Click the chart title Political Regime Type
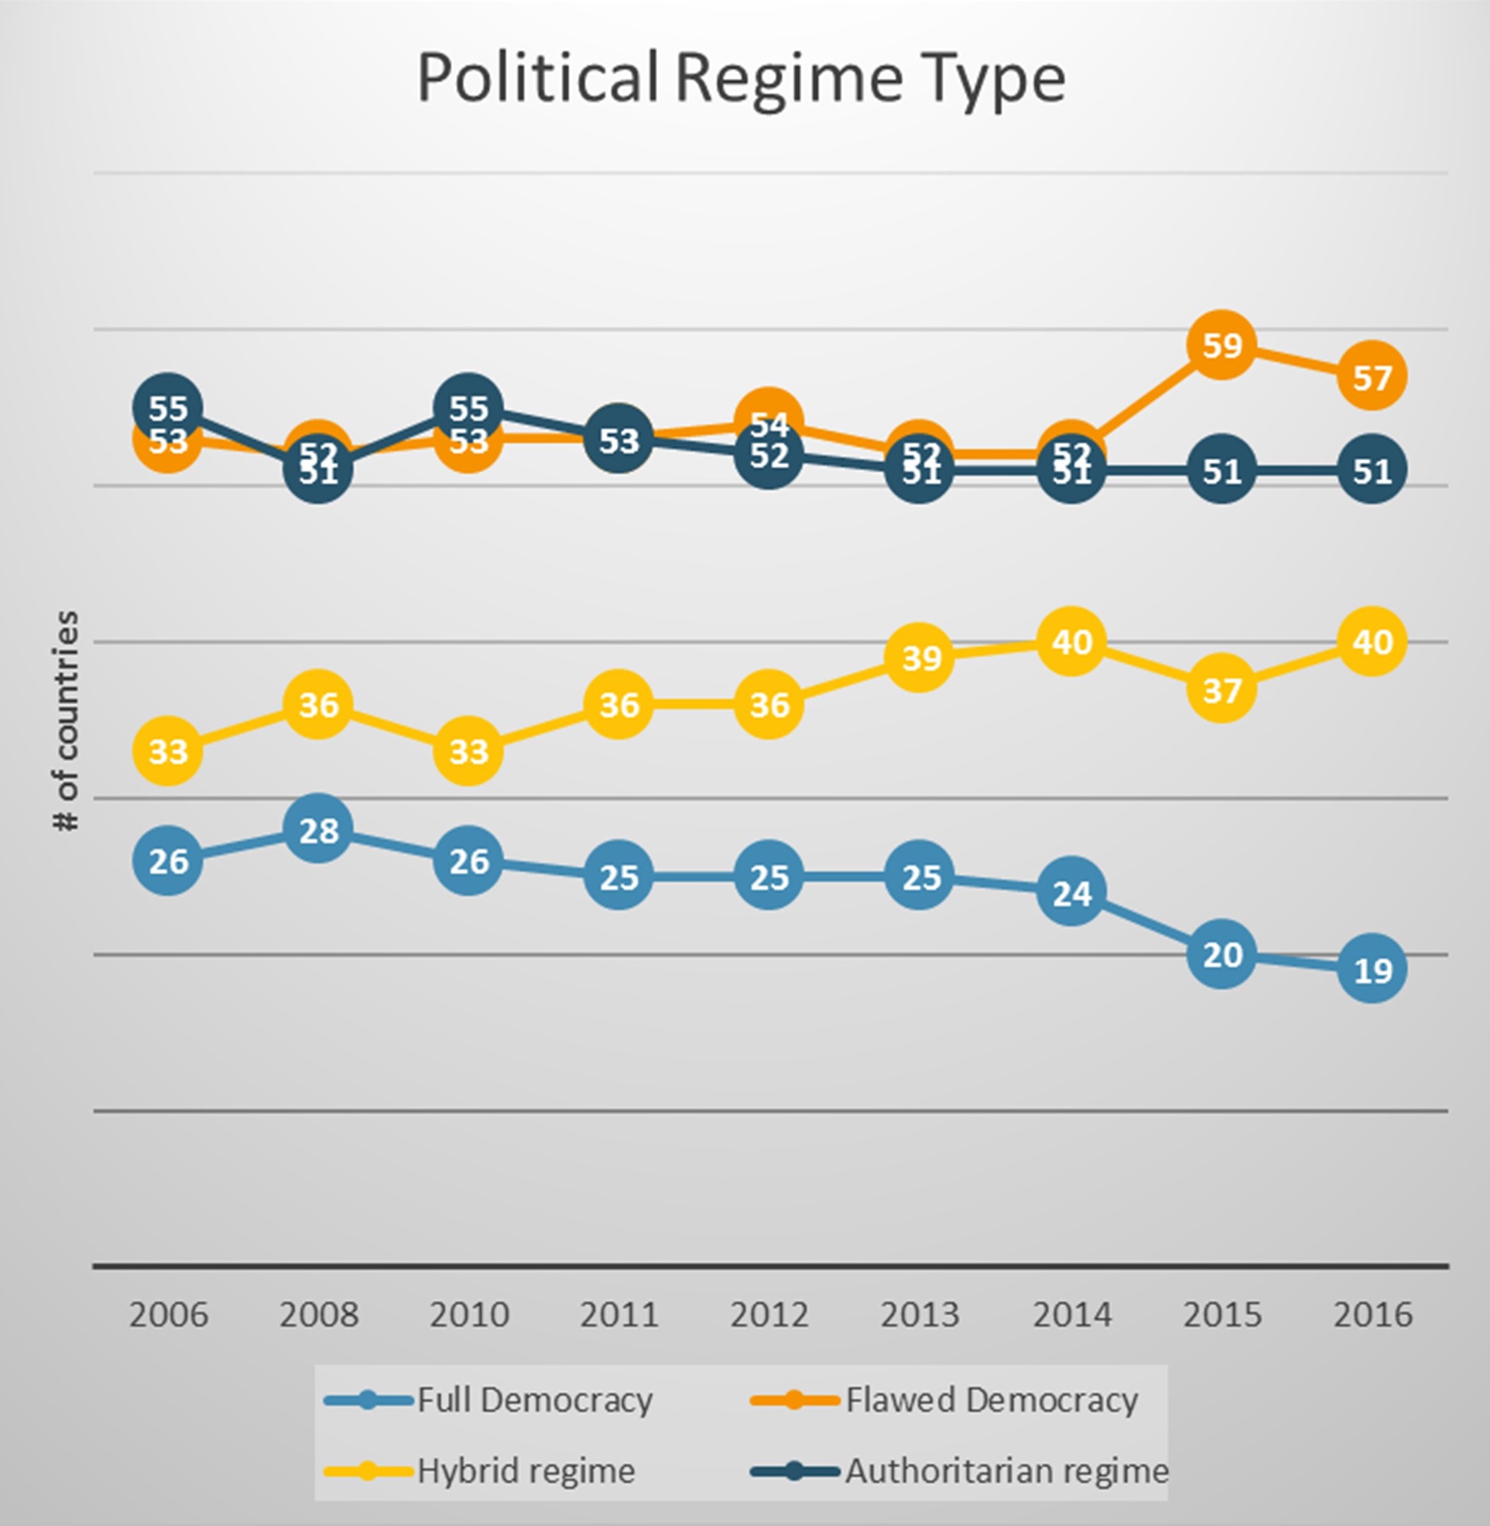(x=741, y=78)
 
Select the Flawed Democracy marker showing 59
(x=1222, y=344)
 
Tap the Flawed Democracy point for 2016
(x=1372, y=376)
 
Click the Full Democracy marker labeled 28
(x=318, y=829)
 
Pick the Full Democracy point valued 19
(x=1372, y=969)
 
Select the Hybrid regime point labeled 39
(x=920, y=657)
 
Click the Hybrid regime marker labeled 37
(x=1222, y=689)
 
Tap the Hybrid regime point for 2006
(x=167, y=751)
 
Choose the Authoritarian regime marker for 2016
(x=1372, y=470)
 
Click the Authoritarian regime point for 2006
(x=167, y=407)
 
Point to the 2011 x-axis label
(x=619, y=1315)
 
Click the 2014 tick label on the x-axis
(x=1071, y=1315)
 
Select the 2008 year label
(x=318, y=1315)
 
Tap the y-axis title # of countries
(x=67, y=720)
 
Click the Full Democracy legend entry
(x=489, y=1400)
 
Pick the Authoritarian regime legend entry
(x=959, y=1471)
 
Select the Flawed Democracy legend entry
(x=944, y=1400)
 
